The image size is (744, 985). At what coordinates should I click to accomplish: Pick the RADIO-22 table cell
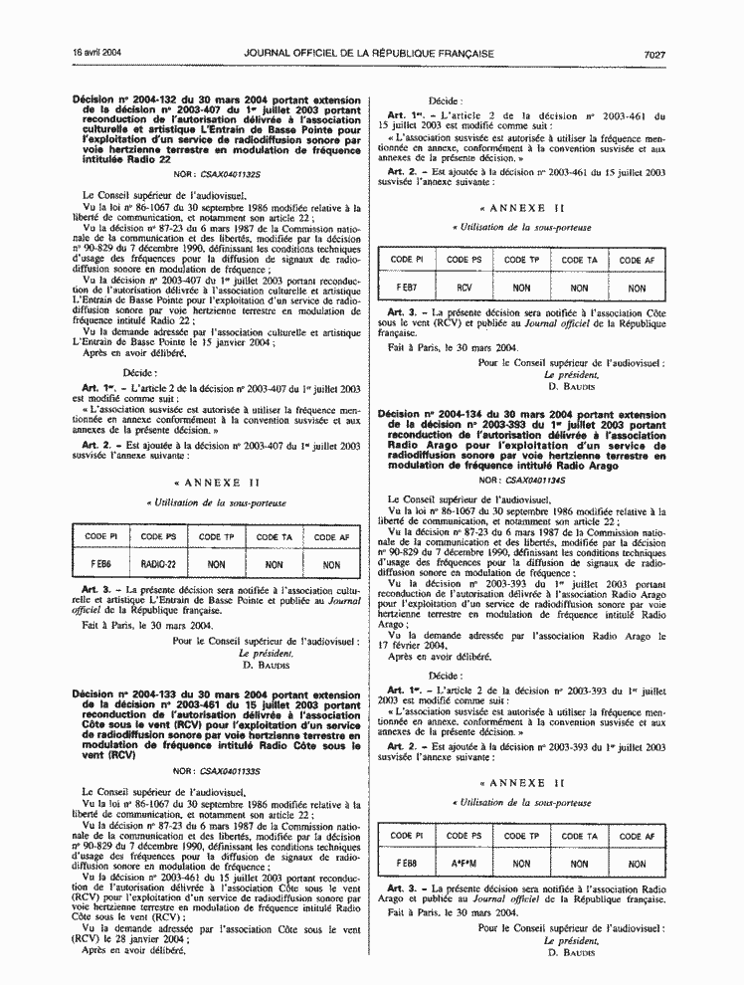[158, 562]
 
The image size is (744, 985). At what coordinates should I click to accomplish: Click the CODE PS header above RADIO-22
[158, 537]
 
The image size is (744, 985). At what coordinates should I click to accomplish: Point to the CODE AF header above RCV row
[638, 261]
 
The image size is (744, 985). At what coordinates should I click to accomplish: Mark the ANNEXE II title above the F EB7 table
[521, 209]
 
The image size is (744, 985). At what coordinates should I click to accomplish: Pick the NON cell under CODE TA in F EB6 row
[275, 562]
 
